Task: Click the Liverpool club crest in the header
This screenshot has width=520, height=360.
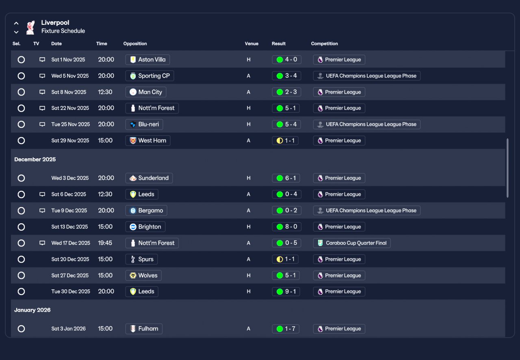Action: tap(30, 27)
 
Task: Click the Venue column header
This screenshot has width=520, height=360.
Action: tap(251, 44)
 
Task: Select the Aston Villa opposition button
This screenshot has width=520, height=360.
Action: tap(147, 60)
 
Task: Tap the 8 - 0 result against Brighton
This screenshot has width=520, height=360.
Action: tap(286, 227)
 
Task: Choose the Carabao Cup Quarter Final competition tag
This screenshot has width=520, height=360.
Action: tap(351, 243)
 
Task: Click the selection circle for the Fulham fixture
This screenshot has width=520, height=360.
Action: tap(21, 329)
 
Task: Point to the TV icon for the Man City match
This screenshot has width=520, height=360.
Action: tap(42, 92)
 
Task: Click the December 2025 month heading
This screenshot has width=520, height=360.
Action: tap(35, 160)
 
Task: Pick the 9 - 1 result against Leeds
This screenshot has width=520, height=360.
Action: tap(286, 291)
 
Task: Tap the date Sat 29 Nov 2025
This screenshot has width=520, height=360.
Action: tap(70, 141)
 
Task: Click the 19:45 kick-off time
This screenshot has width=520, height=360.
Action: tap(105, 243)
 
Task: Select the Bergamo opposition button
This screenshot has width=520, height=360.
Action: tap(146, 211)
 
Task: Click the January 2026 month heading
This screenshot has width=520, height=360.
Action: tap(32, 310)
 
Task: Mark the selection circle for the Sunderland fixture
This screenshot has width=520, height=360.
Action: tap(21, 178)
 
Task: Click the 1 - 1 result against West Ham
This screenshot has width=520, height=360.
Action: tap(286, 141)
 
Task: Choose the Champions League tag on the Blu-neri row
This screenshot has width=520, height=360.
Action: tap(366, 125)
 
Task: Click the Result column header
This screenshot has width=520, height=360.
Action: tap(279, 44)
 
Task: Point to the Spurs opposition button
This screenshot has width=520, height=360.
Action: tap(141, 259)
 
